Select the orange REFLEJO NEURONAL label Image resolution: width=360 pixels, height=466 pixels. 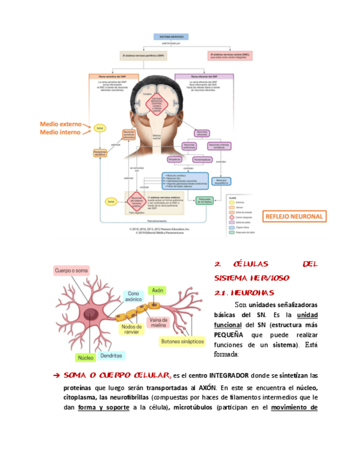(294, 217)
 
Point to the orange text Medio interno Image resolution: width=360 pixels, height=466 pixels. (60, 132)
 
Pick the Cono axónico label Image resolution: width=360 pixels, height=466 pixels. (134, 297)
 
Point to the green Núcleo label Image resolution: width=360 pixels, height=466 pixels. (86, 357)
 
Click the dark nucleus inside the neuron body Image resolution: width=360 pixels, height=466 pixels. (90, 314)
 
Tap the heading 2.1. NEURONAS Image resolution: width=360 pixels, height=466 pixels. (244, 292)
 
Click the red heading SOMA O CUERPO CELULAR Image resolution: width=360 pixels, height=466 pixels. (117, 375)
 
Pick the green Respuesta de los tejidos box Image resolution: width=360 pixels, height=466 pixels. (203, 201)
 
